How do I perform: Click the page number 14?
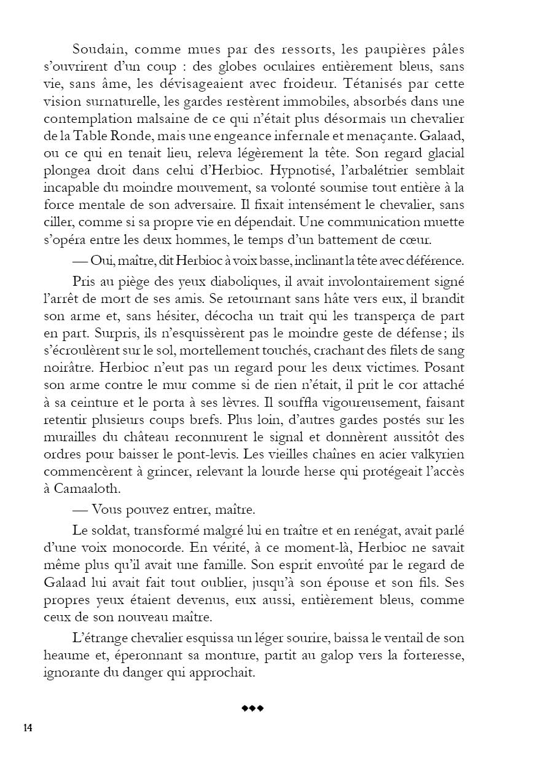click(x=28, y=728)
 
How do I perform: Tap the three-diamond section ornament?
click(x=252, y=709)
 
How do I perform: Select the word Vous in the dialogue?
click(x=110, y=511)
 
